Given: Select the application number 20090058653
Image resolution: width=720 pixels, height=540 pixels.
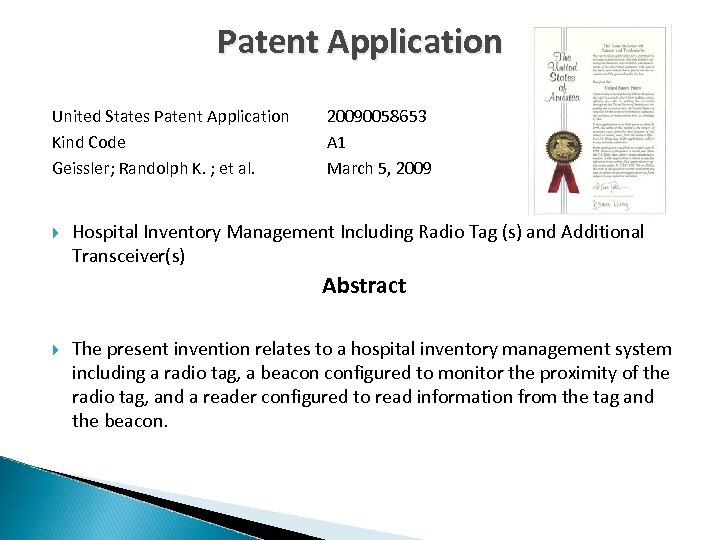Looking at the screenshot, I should (x=376, y=117).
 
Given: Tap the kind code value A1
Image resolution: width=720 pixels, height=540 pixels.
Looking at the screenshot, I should (x=337, y=143).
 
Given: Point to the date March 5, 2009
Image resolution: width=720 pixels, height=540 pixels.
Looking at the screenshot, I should (x=379, y=169).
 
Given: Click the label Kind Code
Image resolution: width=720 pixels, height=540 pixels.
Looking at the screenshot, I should (x=89, y=143).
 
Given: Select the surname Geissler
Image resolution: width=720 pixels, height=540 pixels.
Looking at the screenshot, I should (x=83, y=169).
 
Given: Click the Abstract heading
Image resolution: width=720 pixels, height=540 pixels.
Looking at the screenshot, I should (x=364, y=286).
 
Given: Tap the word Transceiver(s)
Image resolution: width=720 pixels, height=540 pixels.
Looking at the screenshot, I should (x=128, y=256).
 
